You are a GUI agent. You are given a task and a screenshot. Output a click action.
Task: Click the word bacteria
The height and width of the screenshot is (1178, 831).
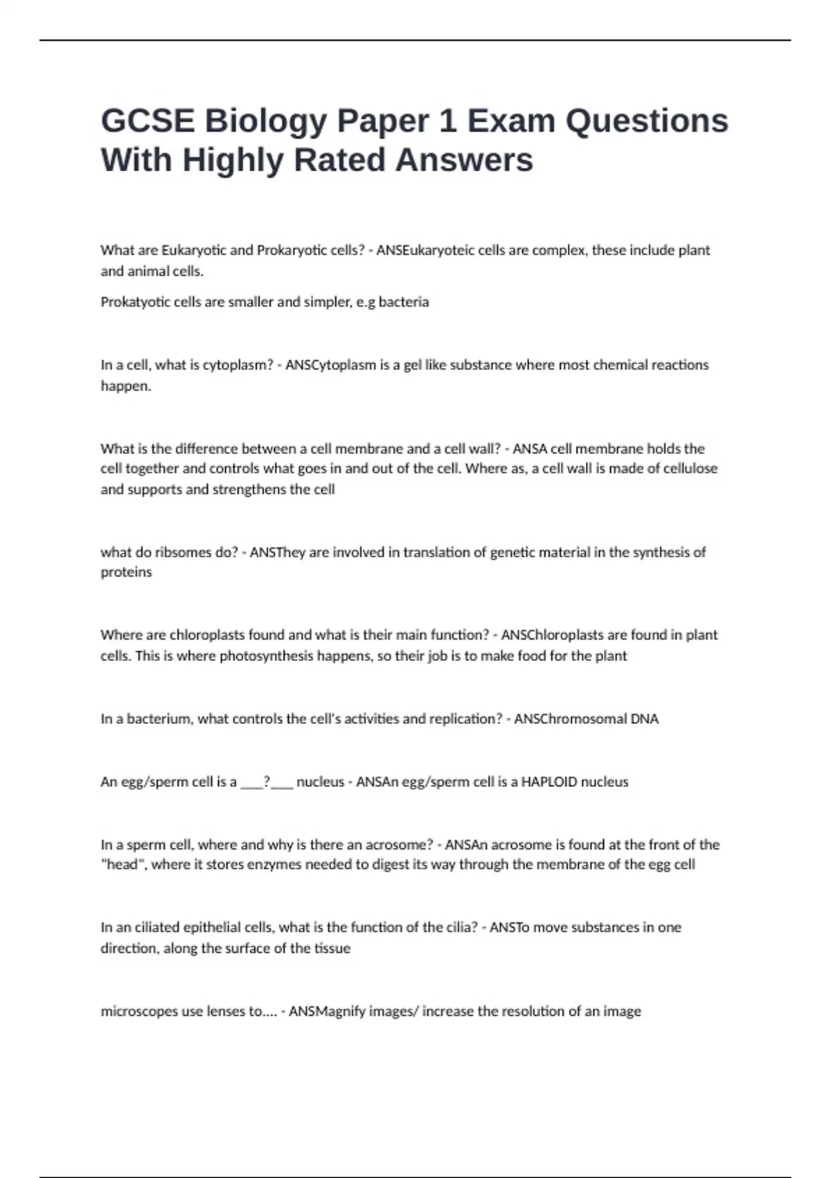point(404,302)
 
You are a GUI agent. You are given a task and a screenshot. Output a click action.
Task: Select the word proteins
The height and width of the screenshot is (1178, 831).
point(126,572)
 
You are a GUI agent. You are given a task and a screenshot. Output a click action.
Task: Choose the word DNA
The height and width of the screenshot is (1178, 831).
point(645,719)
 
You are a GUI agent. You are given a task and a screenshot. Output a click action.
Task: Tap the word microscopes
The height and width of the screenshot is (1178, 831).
point(140,1011)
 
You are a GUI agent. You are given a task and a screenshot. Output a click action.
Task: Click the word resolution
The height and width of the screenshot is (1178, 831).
point(529,1011)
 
